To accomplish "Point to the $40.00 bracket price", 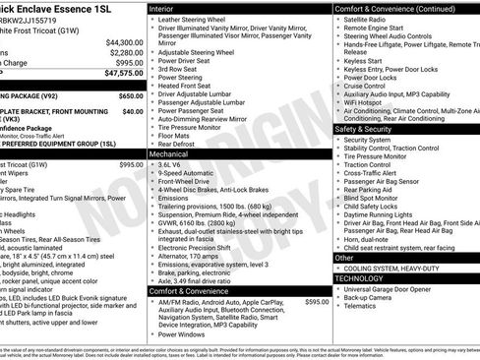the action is [133, 111].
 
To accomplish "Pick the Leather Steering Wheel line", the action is [196, 19].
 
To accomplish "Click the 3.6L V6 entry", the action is [172, 166].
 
